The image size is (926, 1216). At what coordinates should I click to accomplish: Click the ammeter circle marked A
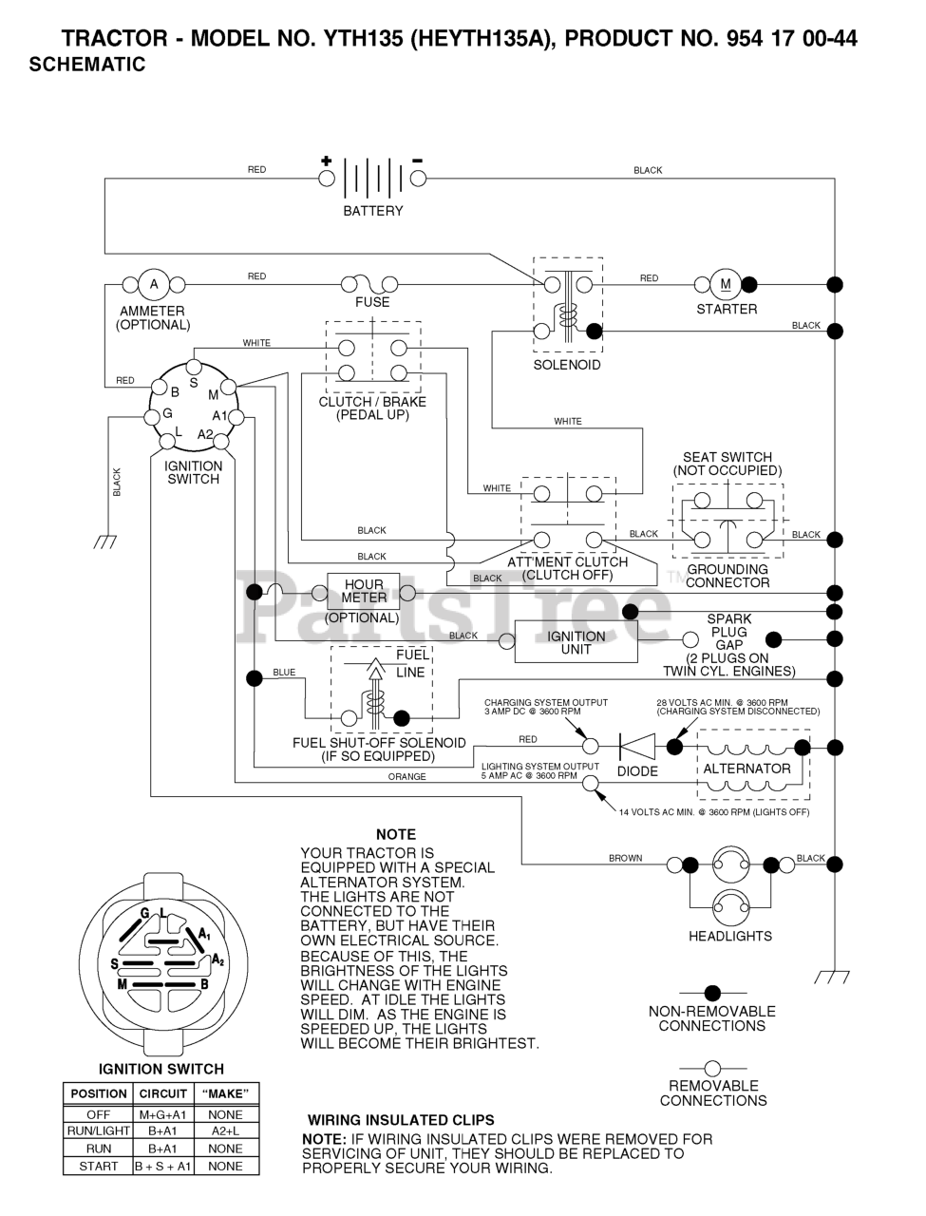tap(154, 285)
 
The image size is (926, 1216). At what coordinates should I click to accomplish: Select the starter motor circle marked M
tap(726, 285)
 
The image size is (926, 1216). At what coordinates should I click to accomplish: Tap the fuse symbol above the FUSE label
tap(369, 284)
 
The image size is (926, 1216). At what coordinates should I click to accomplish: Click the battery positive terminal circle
tap(326, 179)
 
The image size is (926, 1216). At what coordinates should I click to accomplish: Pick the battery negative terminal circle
tap(418, 179)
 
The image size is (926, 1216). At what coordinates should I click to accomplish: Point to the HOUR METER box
tap(364, 592)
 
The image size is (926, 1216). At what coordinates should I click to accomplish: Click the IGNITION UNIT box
tap(576, 642)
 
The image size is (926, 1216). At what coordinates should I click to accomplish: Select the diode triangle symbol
tap(637, 747)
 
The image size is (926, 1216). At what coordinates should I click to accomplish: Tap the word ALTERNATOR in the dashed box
tap(746, 769)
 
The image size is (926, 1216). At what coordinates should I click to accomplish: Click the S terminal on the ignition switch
tap(194, 367)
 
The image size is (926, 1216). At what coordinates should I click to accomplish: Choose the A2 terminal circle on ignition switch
tap(221, 442)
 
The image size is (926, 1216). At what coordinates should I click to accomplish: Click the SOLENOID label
tap(567, 365)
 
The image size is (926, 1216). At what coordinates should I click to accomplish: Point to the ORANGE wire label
tap(407, 777)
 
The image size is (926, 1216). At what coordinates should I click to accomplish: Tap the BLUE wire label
tap(284, 672)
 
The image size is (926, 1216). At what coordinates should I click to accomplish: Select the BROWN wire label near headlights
tap(625, 858)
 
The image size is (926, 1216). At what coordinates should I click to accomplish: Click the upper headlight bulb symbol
tap(730, 864)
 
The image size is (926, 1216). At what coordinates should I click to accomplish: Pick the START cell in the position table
tap(98, 1167)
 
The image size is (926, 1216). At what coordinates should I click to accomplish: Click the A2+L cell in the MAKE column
tap(225, 1130)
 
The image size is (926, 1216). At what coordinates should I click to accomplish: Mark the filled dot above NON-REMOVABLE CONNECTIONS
tap(712, 993)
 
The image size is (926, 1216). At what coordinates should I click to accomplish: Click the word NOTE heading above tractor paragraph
tap(396, 834)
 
